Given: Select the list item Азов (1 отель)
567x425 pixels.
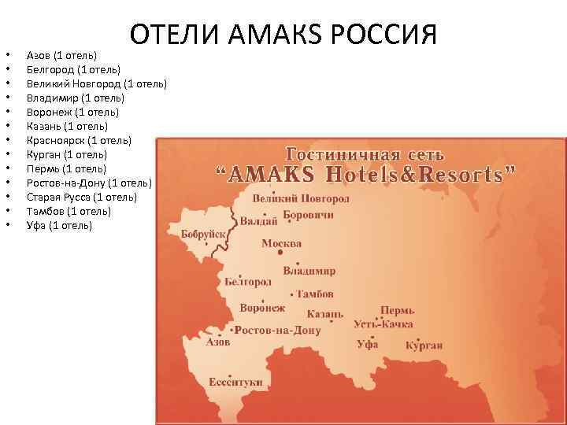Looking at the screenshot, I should coord(62,55).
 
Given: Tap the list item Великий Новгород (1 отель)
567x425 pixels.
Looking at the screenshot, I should coord(97,83).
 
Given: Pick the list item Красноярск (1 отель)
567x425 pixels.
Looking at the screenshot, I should coord(80,140).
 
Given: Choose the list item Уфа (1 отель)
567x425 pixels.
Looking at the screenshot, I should coord(59,226).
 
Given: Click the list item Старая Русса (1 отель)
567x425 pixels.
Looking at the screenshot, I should coord(82,198).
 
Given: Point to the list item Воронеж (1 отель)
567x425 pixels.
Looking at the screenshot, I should coord(73,112).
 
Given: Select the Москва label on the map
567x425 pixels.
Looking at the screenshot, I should coord(281,244).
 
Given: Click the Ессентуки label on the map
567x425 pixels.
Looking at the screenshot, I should coord(235,382).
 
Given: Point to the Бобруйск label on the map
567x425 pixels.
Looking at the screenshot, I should coord(203,235).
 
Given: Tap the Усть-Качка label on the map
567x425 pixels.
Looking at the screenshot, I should coord(384,323).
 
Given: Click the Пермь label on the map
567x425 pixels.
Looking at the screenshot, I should coord(398,310).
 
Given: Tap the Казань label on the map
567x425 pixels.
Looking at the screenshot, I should coord(325,313).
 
